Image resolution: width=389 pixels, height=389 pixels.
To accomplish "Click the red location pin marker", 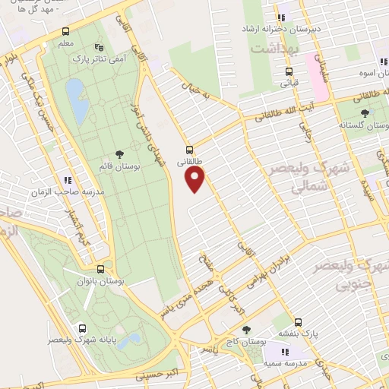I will pos(196,179).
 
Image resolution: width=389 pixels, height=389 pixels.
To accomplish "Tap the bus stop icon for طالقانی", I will pos(189,150).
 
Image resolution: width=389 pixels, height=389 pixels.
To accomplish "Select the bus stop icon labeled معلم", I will pos(66,32).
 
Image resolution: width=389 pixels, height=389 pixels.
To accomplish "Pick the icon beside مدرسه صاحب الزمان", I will pos(68,180).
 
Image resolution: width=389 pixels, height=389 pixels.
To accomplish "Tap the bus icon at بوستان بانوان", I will pos(101,269).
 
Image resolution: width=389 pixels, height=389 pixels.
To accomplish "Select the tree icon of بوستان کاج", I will pos(245,330).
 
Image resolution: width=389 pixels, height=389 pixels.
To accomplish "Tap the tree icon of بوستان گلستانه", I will pos(365,112).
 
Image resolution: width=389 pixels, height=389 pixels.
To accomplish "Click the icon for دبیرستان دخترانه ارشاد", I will pos(281,17).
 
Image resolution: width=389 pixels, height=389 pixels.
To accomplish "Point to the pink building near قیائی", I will pos(318,85).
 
